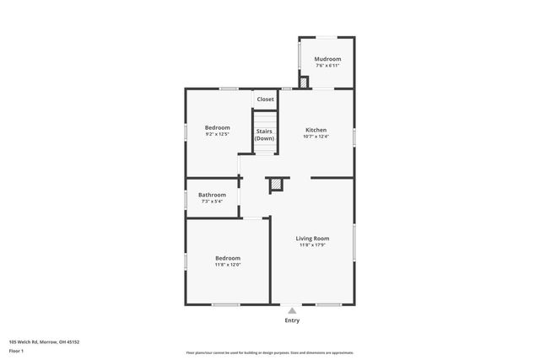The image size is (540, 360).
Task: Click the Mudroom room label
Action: click(x=327, y=59)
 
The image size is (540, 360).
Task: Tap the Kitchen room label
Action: click(x=316, y=130)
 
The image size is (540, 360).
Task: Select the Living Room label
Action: click(x=312, y=239)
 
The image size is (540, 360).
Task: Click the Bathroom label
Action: click(x=212, y=195)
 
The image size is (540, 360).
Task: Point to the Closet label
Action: click(x=266, y=99)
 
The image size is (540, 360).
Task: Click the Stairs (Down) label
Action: click(x=264, y=135)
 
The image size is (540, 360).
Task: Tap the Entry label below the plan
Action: click(x=292, y=320)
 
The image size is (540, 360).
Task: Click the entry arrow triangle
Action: click(x=292, y=310)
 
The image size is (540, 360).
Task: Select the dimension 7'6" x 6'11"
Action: click(x=327, y=66)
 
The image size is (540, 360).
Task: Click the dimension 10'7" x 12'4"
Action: click(x=316, y=137)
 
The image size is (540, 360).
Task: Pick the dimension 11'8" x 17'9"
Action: click(x=312, y=245)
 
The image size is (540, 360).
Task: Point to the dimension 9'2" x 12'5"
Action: click(x=217, y=134)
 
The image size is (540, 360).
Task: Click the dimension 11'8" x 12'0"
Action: click(x=228, y=265)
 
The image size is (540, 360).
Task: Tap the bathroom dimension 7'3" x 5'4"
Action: click(x=212, y=201)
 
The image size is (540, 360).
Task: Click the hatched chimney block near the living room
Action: click(x=276, y=185)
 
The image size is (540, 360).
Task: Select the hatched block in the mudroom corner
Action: click(x=304, y=82)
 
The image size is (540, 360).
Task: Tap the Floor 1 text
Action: click(x=16, y=350)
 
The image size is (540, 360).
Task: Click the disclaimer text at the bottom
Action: click(x=270, y=352)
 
